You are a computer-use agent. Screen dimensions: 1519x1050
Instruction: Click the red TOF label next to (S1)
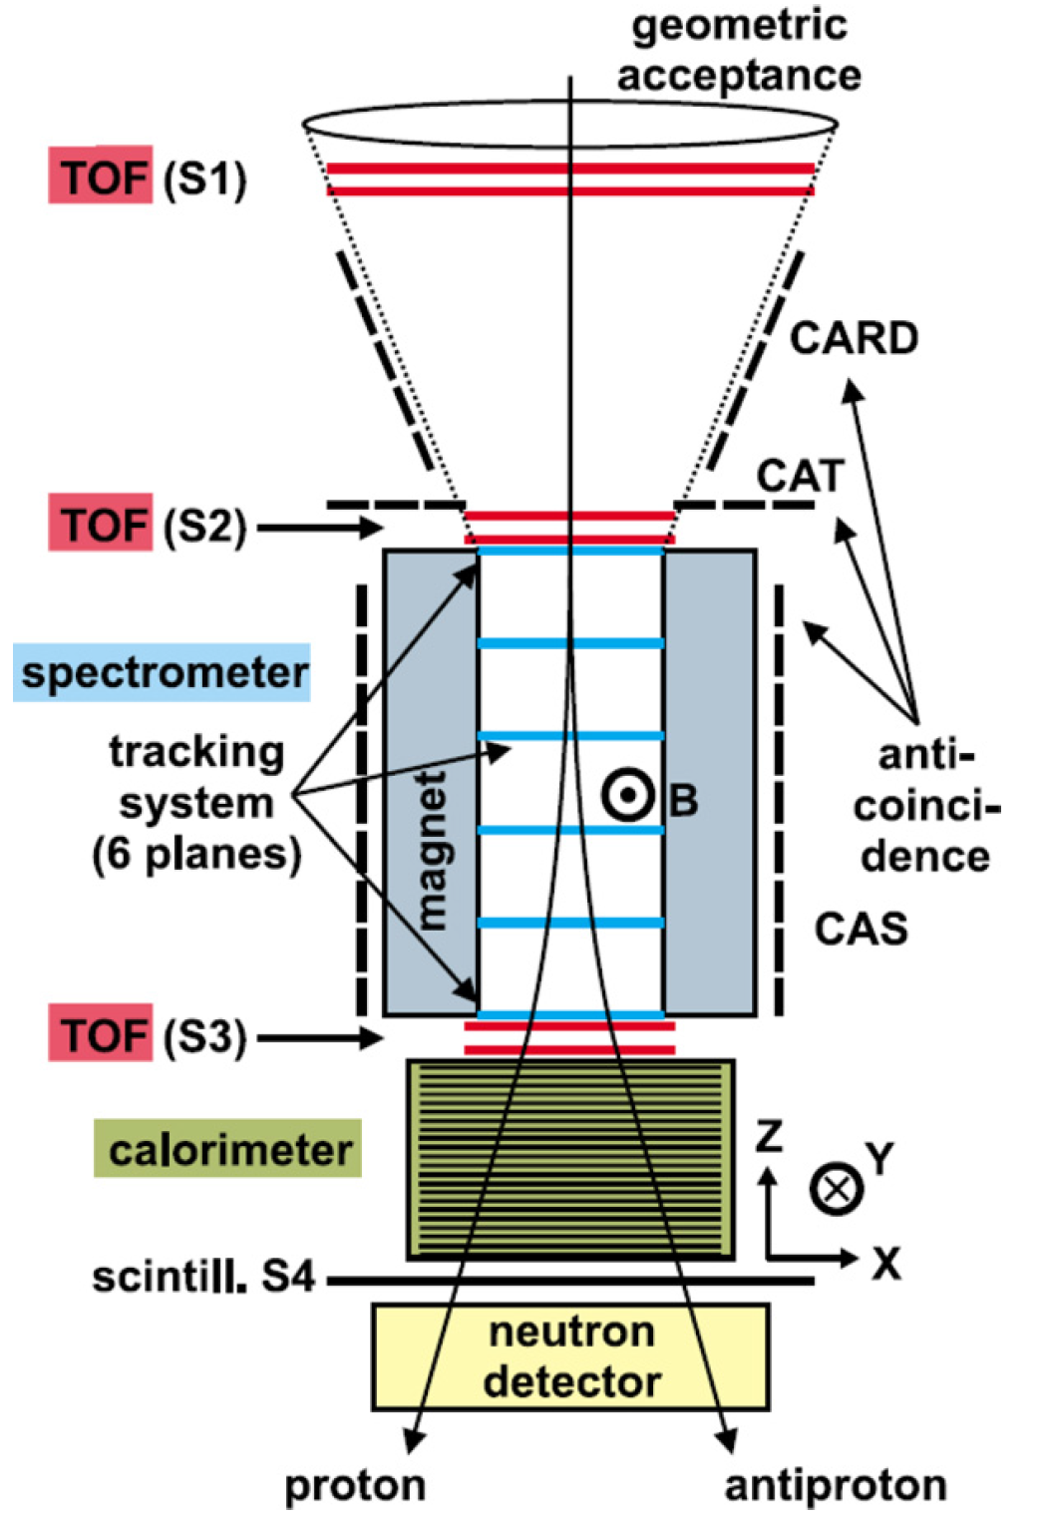coord(100,177)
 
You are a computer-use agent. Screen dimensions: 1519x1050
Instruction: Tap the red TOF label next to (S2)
coord(100,523)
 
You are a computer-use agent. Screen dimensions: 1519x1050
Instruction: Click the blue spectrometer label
coord(163,673)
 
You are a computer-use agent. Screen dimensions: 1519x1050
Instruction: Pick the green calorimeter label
coord(227,1150)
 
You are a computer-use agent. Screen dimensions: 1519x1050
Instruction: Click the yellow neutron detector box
coord(570,1356)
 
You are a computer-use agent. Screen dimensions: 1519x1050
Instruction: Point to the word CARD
coord(854,338)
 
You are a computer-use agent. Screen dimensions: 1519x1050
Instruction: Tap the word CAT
coord(800,475)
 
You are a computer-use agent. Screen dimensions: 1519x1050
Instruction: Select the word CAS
coord(861,929)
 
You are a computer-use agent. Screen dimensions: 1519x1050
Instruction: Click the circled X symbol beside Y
coord(836,1188)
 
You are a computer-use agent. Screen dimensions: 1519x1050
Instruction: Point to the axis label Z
coord(768,1136)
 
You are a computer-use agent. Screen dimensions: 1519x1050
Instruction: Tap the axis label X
coord(885,1264)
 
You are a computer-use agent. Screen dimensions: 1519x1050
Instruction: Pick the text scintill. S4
coord(203,1277)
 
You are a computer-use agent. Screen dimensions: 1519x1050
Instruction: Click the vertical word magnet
coord(431,850)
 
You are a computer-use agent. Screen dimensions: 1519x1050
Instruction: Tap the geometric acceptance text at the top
coord(738,50)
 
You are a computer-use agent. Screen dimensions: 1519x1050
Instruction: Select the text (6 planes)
coord(196,855)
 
